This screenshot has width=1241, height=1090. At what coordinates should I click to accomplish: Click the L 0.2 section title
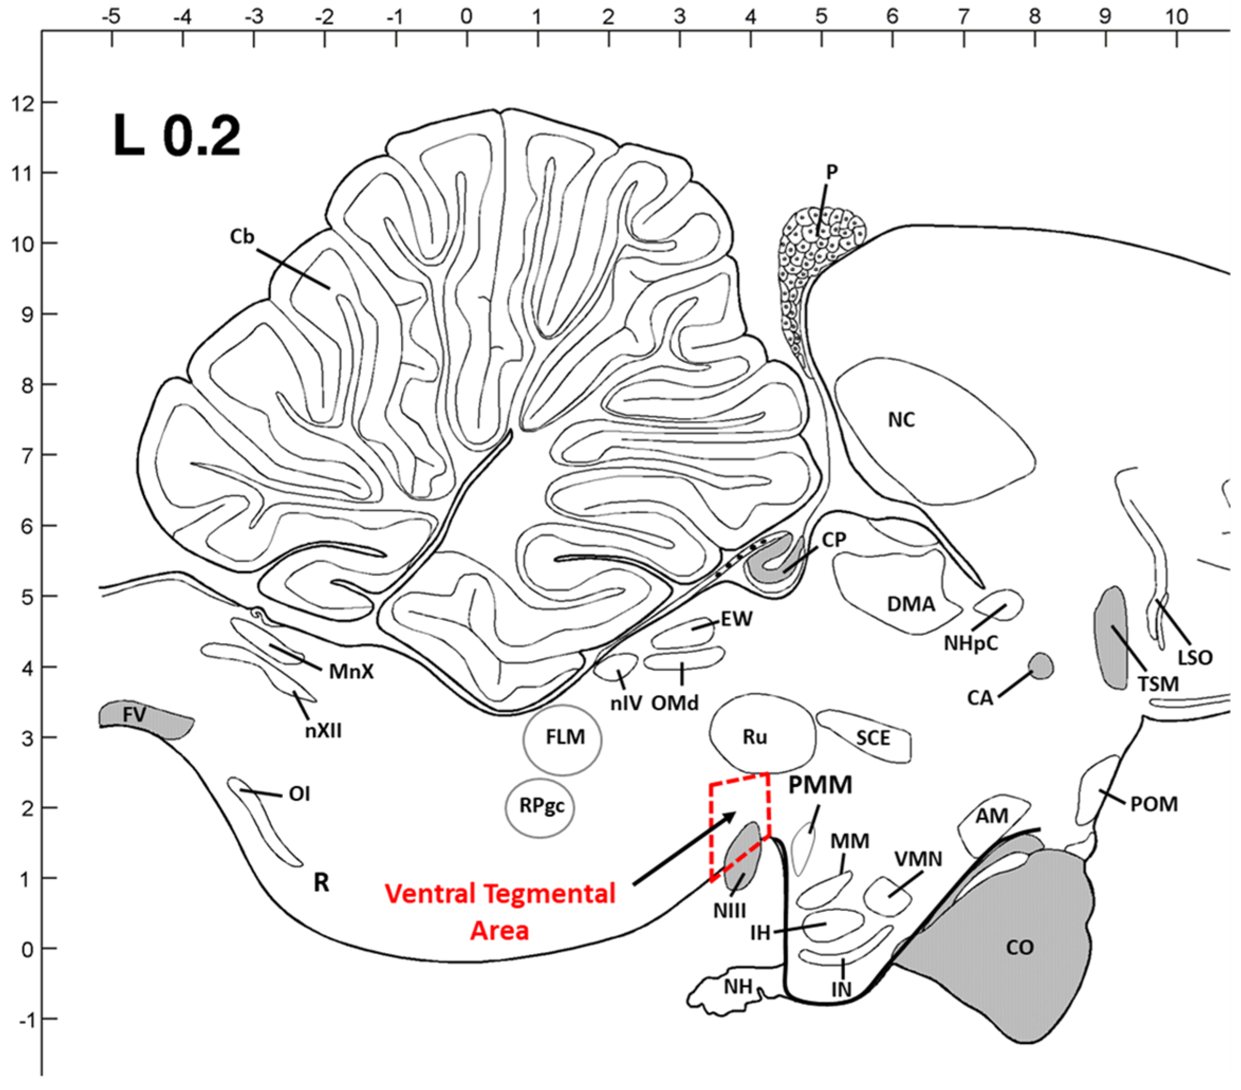pos(176,137)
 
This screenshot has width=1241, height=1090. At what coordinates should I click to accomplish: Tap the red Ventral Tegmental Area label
pos(500,911)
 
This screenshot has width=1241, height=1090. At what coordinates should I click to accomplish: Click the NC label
pos(901,420)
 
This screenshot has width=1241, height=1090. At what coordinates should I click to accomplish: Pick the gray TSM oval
pos(1111,638)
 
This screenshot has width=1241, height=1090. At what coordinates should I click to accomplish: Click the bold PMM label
pos(820,785)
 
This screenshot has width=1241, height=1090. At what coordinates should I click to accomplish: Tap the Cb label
pos(241,236)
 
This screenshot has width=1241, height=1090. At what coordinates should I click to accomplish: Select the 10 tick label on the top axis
pos(1176,16)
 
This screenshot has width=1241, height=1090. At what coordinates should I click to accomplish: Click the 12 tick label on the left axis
pos(23,103)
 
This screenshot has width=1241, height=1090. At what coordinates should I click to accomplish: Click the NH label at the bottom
pos(738,987)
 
